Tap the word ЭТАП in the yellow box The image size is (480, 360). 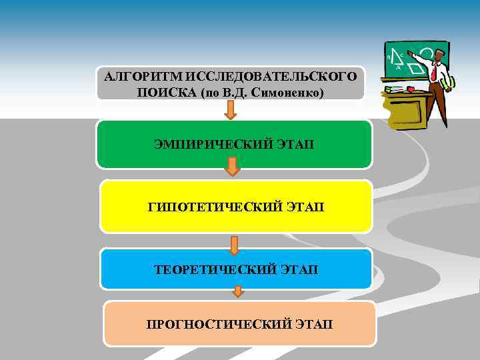coord(305,207)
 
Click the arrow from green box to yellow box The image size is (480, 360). coord(231,166)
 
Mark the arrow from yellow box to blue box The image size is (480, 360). coord(233,245)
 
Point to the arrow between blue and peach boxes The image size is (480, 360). coord(238,291)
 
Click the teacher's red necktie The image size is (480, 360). coord(435,71)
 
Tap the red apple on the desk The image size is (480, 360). coord(410,89)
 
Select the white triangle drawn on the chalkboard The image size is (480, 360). coord(396,58)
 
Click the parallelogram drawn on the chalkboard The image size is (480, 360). coord(417,68)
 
